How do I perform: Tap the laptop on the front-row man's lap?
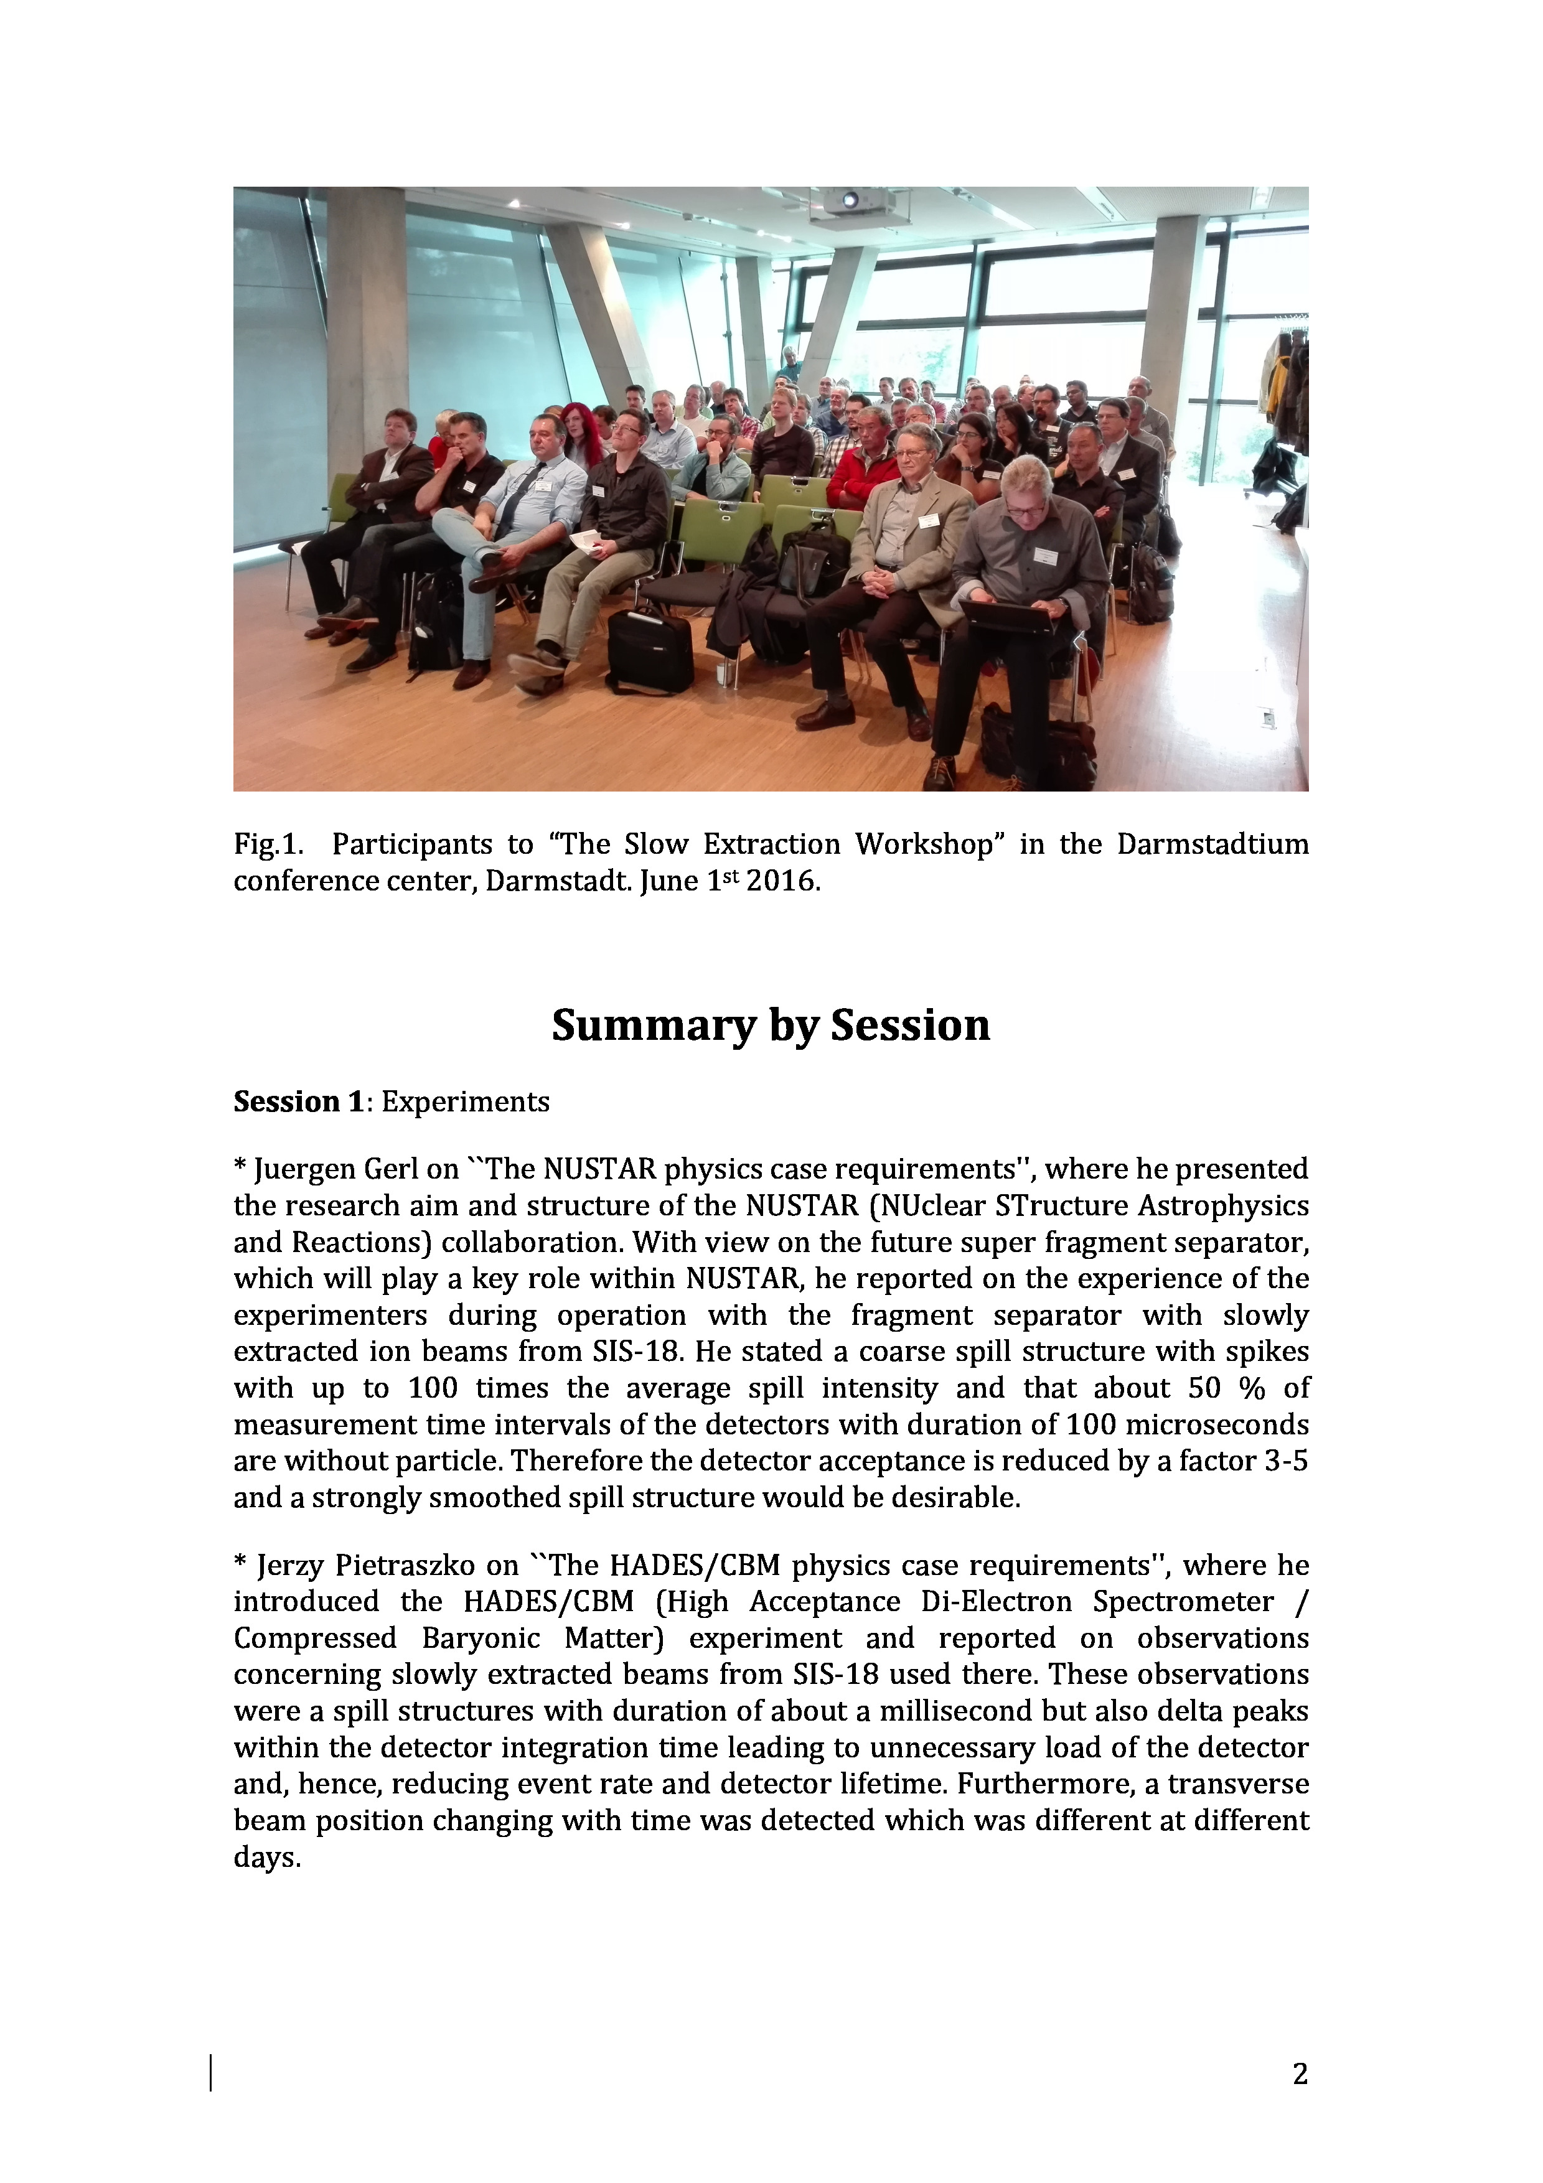coord(1008,616)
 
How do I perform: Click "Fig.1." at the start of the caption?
coord(268,844)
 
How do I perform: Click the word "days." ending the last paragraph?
coord(267,1858)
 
